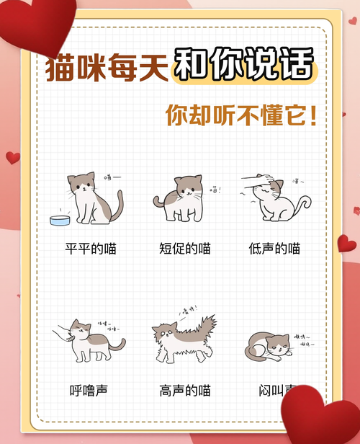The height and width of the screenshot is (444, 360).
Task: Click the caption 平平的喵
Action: [x=91, y=249]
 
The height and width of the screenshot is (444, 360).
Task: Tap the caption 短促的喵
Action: [x=184, y=249]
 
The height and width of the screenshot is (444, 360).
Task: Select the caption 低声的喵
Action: [x=274, y=249]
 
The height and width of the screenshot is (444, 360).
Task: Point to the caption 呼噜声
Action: [x=89, y=390]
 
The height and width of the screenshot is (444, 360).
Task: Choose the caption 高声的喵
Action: [x=184, y=390]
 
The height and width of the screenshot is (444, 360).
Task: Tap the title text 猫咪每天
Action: [x=107, y=67]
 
